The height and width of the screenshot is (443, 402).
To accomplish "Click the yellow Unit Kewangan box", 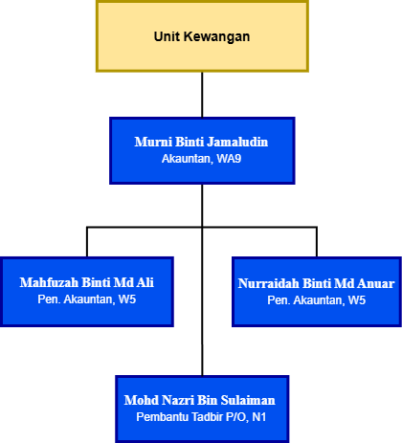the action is tap(202, 36).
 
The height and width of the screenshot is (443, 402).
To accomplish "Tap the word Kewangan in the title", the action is tap(216, 37).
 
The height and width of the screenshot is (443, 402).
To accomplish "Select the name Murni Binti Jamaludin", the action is tap(201, 142).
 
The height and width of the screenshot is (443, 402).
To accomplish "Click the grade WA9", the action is tap(229, 159).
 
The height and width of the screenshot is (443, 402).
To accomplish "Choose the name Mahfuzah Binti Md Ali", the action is tap(87, 282).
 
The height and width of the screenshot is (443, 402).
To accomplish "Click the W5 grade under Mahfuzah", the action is tap(127, 299).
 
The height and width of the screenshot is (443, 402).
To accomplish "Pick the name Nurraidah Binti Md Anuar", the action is tap(317, 283).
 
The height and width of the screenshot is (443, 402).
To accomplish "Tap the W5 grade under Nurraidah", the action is tap(357, 300).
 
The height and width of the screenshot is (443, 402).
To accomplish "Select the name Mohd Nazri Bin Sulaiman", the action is tap(200, 400).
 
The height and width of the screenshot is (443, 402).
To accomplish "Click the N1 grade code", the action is tap(259, 417).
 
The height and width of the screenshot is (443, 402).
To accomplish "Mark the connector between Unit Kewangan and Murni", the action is tap(202, 95).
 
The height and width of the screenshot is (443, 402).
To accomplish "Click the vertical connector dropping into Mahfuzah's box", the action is tap(87, 242).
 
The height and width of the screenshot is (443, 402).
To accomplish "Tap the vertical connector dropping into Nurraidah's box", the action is tap(317, 242).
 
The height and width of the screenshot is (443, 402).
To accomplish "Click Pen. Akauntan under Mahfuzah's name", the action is tap(77, 299).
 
